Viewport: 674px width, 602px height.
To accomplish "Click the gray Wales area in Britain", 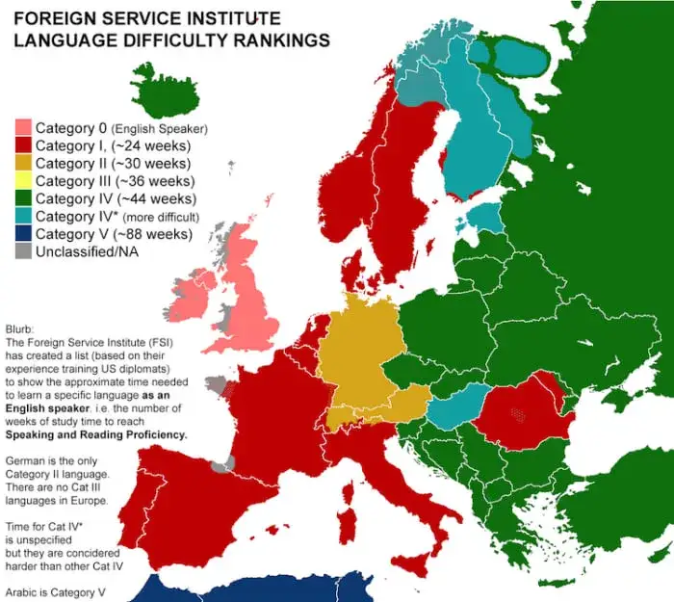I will click(x=229, y=316).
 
